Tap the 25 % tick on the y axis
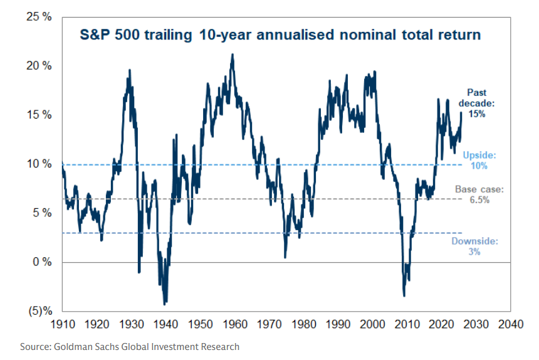tap(39, 17)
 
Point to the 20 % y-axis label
tap(39, 66)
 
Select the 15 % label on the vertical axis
tap(39, 115)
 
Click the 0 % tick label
tap(42, 262)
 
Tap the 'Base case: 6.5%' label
tap(479, 194)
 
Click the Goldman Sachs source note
tap(130, 346)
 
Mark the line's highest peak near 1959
tap(233, 55)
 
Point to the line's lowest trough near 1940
tap(164, 304)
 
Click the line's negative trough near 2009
tap(404, 295)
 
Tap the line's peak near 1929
tap(130, 70)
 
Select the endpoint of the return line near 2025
tap(461, 112)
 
